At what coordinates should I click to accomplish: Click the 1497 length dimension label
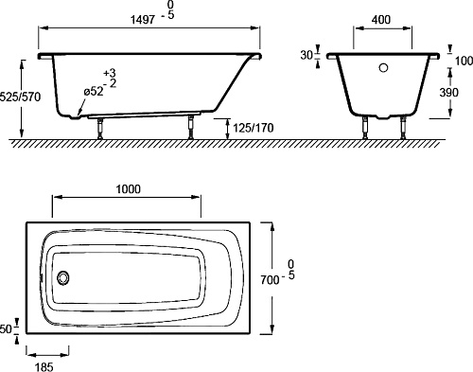click(x=143, y=20)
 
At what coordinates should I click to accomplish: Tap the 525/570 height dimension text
click(x=21, y=97)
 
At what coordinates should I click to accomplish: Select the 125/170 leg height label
click(x=254, y=128)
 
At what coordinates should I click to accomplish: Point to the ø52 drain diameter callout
click(x=94, y=92)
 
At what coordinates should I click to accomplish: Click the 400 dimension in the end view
click(x=381, y=20)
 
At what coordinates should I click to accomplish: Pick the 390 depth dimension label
click(x=449, y=93)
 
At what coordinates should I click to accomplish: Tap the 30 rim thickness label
click(x=307, y=56)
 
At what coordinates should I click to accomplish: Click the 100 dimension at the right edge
click(x=464, y=61)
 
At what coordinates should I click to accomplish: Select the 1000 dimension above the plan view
click(x=129, y=189)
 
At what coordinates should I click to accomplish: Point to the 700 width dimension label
click(x=270, y=279)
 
